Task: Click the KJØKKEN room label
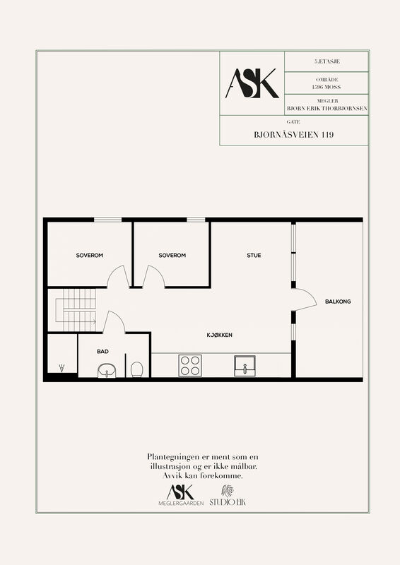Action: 219,335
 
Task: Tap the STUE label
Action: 254,255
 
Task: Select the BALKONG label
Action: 338,302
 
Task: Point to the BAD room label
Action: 102,351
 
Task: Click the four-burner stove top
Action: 190,365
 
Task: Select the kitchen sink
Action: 245,366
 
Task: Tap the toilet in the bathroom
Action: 137,369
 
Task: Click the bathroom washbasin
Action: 107,371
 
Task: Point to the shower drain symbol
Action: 62,368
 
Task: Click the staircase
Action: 76,310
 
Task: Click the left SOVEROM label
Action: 90,255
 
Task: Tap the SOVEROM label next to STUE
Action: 172,255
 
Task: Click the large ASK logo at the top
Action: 252,83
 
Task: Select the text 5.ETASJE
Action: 327,61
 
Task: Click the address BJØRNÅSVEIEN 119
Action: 293,135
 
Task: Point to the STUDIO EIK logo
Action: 228,496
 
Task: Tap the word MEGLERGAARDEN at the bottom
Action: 181,503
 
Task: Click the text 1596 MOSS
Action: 327,87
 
